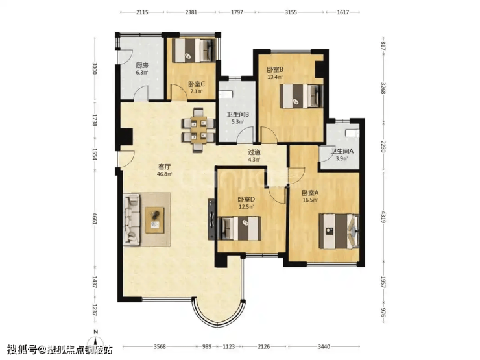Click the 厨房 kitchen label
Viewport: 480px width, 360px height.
[142, 66]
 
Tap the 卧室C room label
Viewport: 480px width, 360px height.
[197, 84]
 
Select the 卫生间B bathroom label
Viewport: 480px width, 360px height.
[237, 115]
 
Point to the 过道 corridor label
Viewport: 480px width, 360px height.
[254, 152]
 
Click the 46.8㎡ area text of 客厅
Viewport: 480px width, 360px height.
[164, 174]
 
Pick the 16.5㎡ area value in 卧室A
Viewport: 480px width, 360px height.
[310, 200]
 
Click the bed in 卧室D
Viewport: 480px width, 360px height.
[241, 228]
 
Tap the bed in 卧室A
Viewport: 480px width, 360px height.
[339, 231]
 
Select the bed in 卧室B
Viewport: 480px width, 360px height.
[302, 96]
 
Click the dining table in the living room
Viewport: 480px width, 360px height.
[198, 130]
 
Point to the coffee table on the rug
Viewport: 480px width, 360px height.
[154, 220]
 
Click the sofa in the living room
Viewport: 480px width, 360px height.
[132, 219]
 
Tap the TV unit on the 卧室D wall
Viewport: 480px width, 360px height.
[211, 219]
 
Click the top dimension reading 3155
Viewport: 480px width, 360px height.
[291, 12]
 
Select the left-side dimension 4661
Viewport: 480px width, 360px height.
[95, 218]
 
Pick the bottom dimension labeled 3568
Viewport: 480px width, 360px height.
[160, 346]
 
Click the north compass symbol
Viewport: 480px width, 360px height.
[96, 341]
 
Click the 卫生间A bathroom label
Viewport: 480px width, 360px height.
[342, 151]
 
